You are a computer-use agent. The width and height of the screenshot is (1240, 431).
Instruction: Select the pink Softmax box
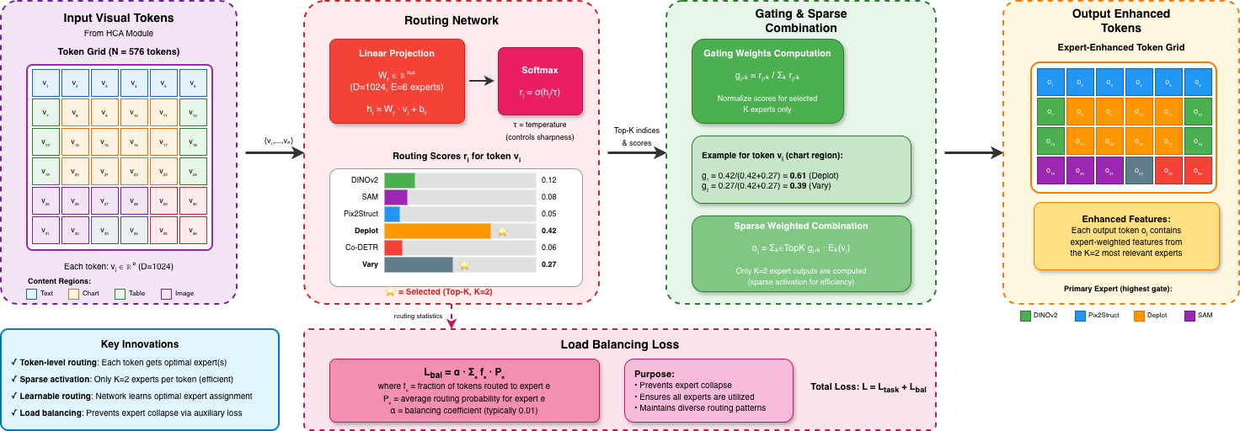point(540,81)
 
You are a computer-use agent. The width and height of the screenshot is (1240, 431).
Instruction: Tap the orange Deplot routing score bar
point(437,230)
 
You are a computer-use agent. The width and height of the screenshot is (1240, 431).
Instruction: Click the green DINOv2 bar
point(399,180)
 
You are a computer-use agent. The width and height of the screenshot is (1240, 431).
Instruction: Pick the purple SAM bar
point(396,197)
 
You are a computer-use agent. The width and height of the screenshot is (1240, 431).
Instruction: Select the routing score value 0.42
point(549,231)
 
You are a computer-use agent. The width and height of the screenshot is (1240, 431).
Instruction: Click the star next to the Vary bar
point(464,264)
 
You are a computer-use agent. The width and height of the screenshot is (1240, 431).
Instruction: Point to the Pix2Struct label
point(360,214)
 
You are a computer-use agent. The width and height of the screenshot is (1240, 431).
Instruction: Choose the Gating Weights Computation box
point(767,81)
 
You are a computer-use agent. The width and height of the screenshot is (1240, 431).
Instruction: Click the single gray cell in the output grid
point(1140,171)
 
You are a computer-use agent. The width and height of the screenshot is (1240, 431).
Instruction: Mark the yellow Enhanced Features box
point(1125,236)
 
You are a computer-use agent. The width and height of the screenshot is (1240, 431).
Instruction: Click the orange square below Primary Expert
point(1139,317)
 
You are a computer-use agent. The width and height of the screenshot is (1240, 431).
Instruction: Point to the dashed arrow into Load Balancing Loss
point(452,317)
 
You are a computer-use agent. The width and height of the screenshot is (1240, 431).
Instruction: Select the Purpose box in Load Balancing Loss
point(708,390)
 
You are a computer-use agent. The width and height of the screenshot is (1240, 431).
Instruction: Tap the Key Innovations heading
point(139,344)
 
